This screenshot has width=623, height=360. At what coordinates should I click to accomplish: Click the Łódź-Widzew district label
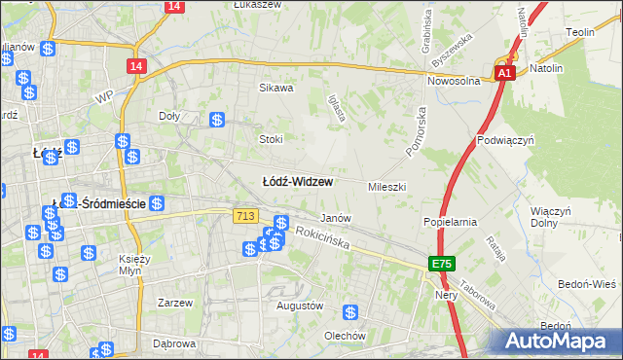(x=299, y=182)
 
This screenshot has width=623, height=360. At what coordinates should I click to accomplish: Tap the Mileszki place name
(x=386, y=186)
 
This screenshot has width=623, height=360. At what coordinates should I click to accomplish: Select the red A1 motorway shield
(x=503, y=73)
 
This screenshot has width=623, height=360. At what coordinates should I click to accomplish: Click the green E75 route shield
(x=442, y=265)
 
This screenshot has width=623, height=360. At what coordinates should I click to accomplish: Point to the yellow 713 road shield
(x=245, y=216)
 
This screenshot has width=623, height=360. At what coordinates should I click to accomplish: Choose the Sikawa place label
(x=275, y=88)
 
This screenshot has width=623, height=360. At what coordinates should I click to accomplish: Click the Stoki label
(x=270, y=139)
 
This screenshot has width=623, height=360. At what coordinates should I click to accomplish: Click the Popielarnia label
(x=449, y=222)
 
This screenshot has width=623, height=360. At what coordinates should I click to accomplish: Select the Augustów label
(x=299, y=306)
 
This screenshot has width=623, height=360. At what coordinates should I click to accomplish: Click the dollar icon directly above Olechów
(x=349, y=313)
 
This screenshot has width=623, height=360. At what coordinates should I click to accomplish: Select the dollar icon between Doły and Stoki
(x=217, y=121)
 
